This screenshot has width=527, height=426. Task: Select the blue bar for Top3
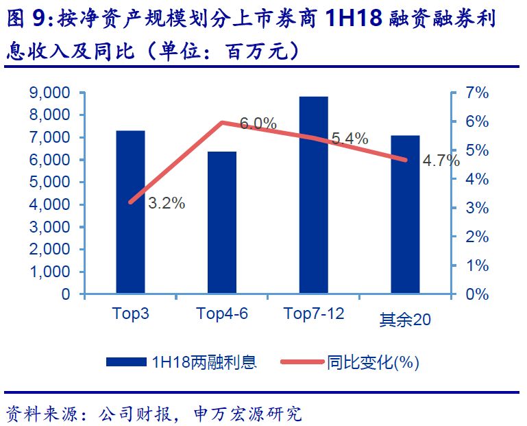click(x=130, y=212)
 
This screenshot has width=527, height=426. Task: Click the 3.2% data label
click(x=167, y=203)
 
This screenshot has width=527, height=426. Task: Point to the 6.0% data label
click(x=258, y=124)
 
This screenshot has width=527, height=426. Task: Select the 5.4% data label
click(x=350, y=139)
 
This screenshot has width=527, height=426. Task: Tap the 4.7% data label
click(x=441, y=162)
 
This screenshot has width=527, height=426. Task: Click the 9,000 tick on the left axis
click(x=50, y=93)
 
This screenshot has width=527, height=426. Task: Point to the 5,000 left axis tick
click(x=50, y=182)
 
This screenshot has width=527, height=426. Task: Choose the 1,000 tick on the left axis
click(x=50, y=272)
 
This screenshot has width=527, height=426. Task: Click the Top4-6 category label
click(x=222, y=314)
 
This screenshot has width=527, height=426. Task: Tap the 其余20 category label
click(x=405, y=319)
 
